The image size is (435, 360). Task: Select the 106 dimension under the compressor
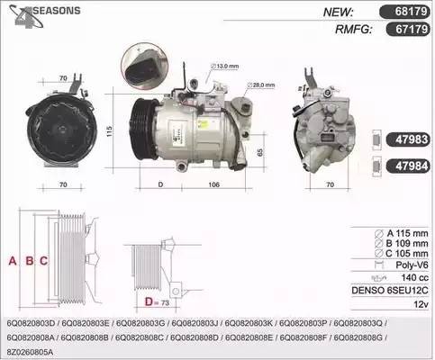coord(215,186)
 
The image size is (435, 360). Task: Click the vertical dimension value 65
coord(260,150)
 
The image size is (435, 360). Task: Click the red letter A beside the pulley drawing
coord(12,262)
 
